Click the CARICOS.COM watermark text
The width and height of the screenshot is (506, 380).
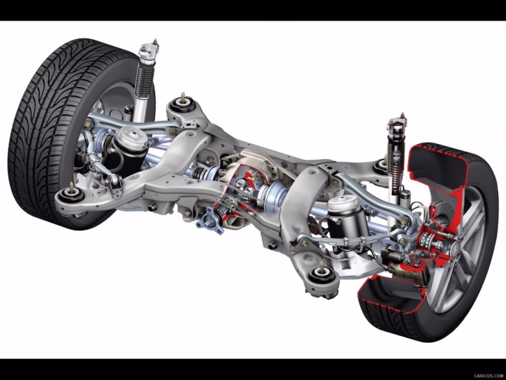[x=488, y=375]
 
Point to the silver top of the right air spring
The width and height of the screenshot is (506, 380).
[x=343, y=205]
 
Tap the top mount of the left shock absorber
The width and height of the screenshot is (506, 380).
[x=149, y=51]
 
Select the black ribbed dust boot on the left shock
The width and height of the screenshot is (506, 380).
[x=144, y=81]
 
